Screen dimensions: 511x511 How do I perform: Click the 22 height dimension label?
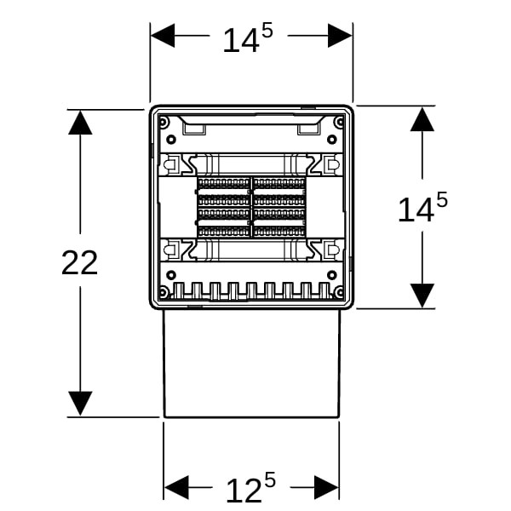79,262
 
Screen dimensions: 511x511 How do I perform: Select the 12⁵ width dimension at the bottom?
250,488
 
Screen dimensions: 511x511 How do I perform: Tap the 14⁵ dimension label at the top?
248,39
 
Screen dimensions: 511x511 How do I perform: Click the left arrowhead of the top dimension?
163,36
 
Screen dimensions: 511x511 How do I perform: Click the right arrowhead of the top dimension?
340,36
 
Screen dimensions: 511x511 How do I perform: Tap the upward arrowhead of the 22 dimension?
80,123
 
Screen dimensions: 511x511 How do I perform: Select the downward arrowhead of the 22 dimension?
80,404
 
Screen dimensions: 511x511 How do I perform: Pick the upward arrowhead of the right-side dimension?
422,119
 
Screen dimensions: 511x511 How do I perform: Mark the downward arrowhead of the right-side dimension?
422,296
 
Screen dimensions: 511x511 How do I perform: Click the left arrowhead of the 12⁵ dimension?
176,487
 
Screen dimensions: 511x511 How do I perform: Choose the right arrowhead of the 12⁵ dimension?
326,487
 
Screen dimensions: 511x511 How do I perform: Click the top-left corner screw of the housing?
164,122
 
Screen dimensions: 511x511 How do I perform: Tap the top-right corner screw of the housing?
340,122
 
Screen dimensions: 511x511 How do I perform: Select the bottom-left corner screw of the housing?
164,290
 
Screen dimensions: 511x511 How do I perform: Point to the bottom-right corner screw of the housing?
340,290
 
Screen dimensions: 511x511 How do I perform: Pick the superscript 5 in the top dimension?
267,32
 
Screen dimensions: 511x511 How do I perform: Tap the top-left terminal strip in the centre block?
223,183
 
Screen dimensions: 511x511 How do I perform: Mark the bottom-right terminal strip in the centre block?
279,231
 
